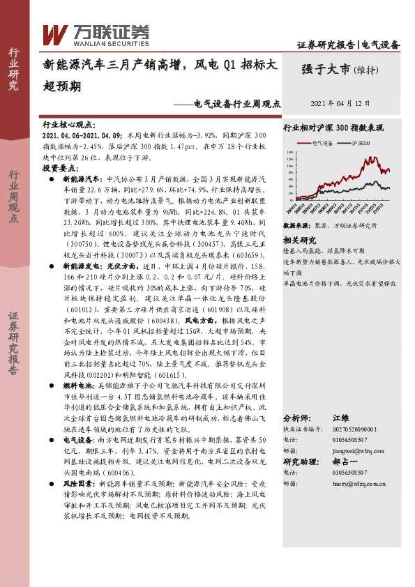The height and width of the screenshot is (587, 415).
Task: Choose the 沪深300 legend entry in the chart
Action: tap(359, 142)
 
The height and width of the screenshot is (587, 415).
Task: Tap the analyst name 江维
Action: tap(340, 418)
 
